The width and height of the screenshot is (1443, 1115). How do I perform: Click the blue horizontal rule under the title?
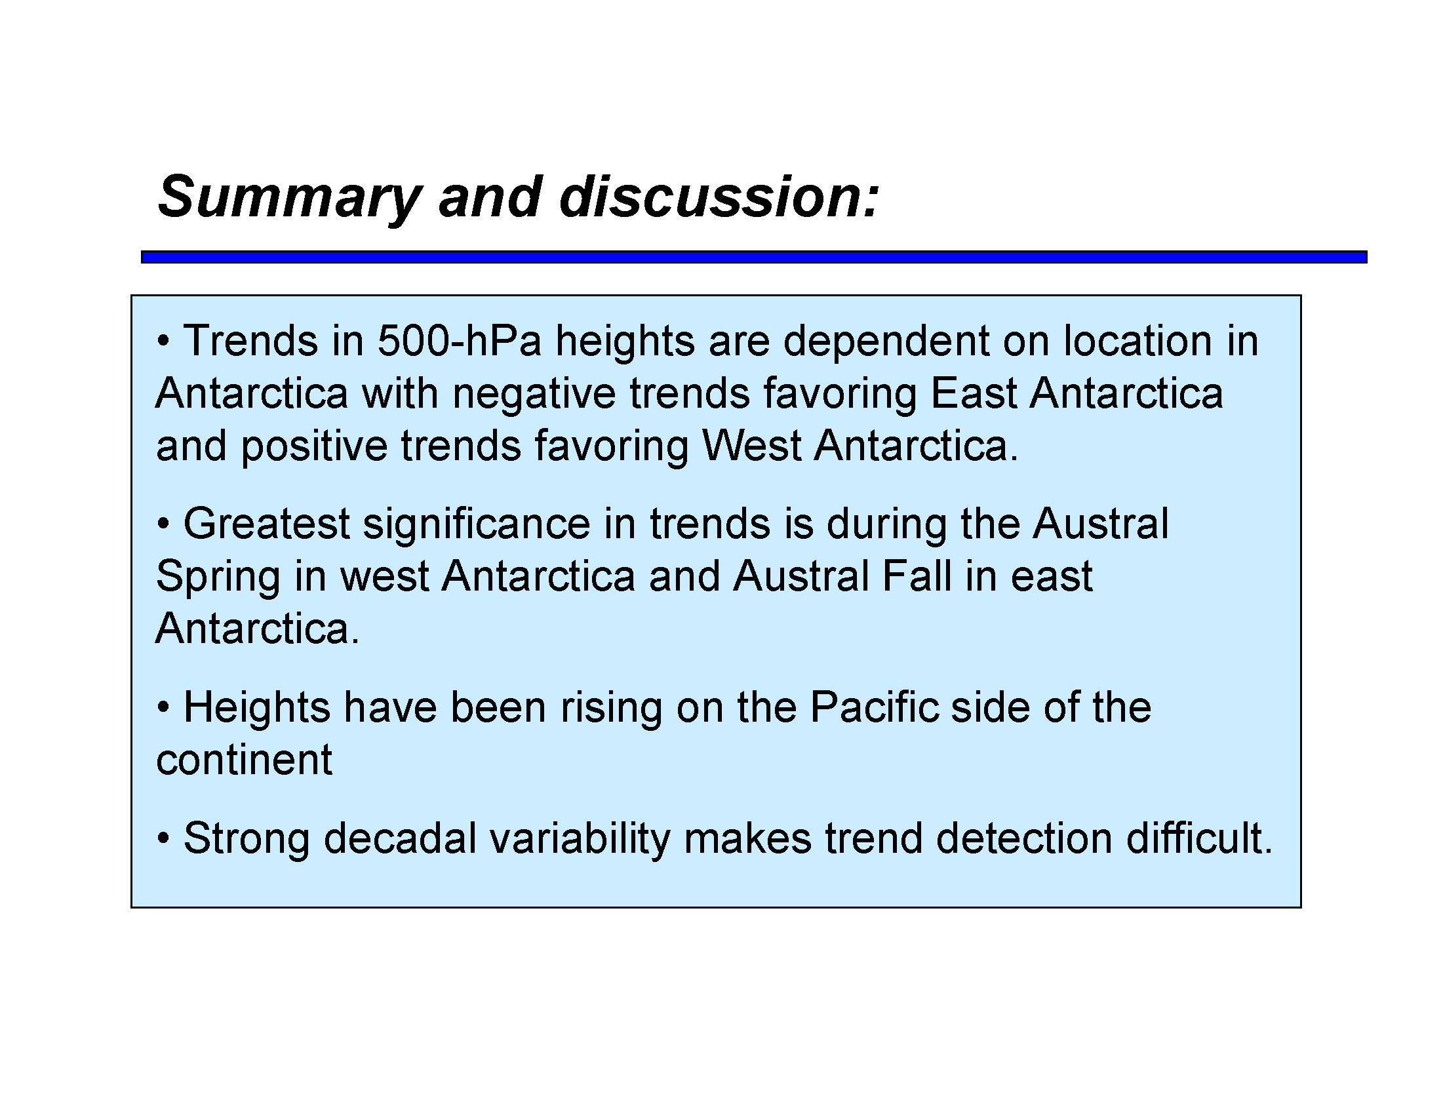coord(754,257)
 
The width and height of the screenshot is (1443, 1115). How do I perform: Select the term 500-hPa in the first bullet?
coord(459,341)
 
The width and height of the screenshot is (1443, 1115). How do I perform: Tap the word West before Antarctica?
coord(751,445)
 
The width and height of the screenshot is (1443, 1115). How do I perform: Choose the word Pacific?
coord(873,707)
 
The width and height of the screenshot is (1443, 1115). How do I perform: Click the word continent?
coord(244,760)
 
